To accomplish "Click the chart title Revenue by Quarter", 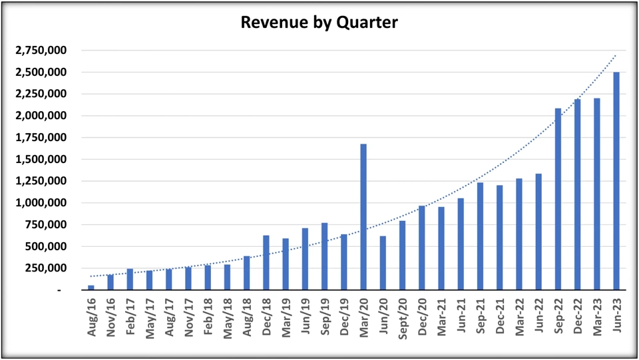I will point(319,23).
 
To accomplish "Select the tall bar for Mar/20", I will point(363,216).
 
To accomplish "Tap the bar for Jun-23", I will point(616,180).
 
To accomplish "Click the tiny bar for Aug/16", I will point(91,287).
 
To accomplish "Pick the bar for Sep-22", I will point(558,199).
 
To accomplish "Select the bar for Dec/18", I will point(266,262).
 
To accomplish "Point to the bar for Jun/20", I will point(383,263).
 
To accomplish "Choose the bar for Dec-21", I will point(499,237).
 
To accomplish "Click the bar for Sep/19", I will point(324,256).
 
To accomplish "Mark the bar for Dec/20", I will point(421,248).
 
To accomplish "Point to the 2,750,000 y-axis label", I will point(47,51).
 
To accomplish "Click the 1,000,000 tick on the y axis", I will point(47,203).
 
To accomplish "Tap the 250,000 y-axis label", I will point(52,268).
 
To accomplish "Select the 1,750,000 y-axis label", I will point(47,138).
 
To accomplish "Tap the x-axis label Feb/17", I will point(130,318).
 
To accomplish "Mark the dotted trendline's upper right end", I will point(616,55).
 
